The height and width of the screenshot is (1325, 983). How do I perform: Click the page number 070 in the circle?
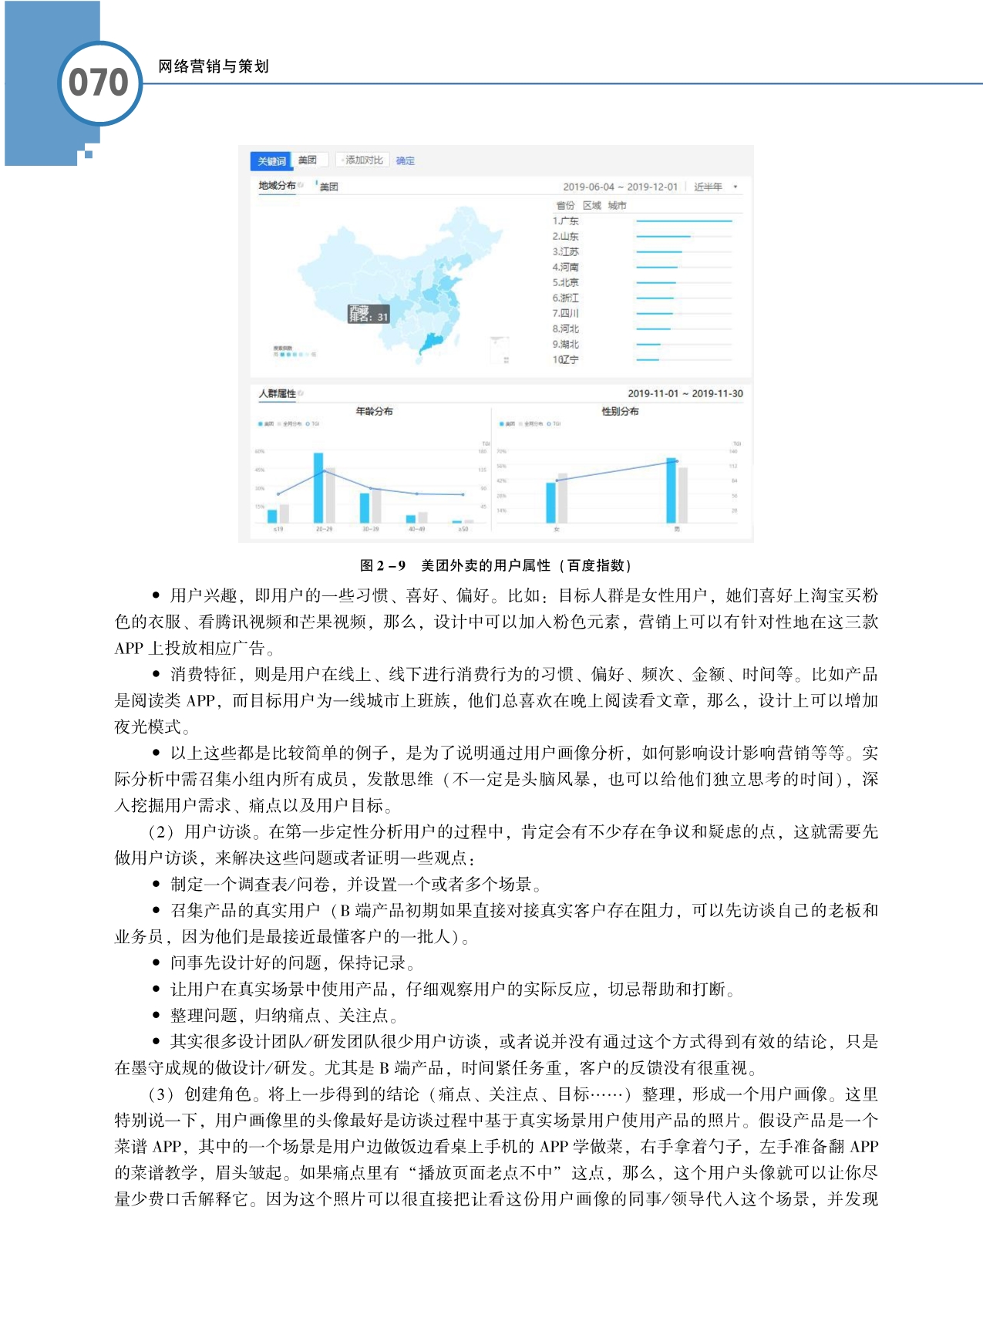click(x=99, y=83)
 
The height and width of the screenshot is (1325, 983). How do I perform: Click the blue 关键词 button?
click(x=271, y=160)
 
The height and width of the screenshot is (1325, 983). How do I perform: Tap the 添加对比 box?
click(x=362, y=160)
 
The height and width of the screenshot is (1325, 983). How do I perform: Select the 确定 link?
click(x=406, y=160)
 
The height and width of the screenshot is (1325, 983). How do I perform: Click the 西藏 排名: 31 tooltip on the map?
click(x=369, y=314)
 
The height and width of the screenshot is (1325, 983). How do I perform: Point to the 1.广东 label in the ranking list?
click(x=565, y=221)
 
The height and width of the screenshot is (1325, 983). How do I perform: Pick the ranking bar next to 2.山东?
click(x=663, y=236)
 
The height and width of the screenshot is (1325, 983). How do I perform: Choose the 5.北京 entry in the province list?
click(x=565, y=282)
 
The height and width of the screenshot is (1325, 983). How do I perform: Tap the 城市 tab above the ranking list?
click(x=617, y=205)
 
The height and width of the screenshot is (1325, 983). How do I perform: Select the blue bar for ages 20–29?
click(x=318, y=487)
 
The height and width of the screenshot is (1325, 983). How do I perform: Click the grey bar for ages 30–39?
click(x=376, y=506)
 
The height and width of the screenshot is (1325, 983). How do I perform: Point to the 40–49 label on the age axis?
click(x=416, y=529)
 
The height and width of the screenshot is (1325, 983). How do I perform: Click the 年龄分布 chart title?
click(x=374, y=411)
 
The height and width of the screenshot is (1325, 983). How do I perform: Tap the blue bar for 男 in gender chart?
click(x=672, y=491)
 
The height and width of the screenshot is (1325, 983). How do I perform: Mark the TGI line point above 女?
click(x=557, y=480)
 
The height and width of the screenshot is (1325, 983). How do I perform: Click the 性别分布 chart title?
click(x=620, y=411)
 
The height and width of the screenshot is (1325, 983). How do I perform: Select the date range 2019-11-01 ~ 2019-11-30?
click(x=685, y=393)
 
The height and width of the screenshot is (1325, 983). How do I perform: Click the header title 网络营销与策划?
click(x=213, y=66)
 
